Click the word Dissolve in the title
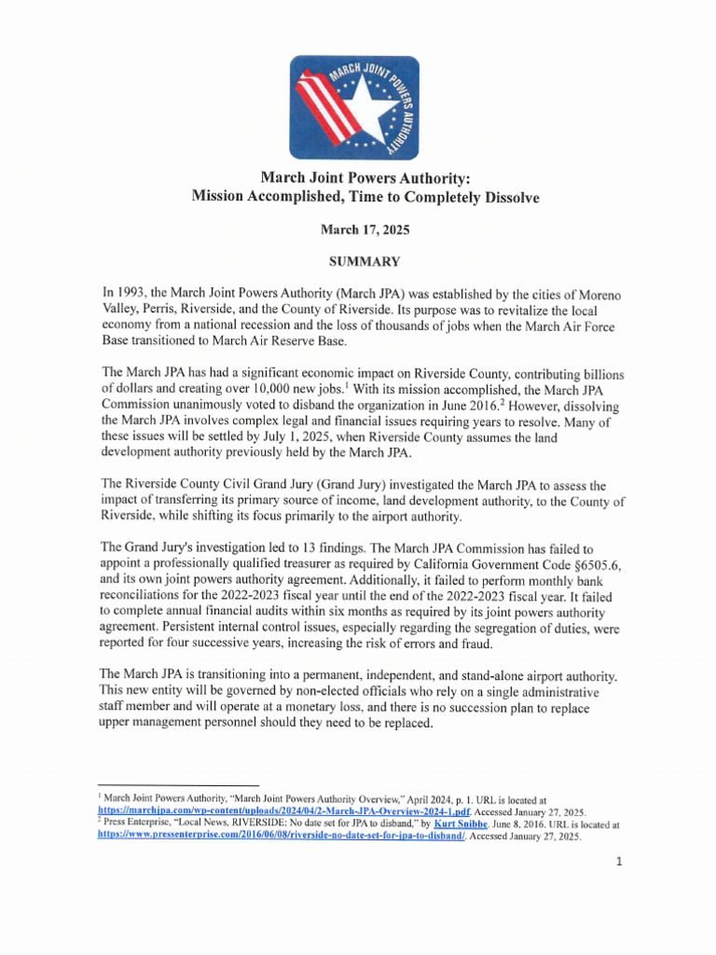coord(510,198)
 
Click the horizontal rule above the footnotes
coord(177,786)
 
